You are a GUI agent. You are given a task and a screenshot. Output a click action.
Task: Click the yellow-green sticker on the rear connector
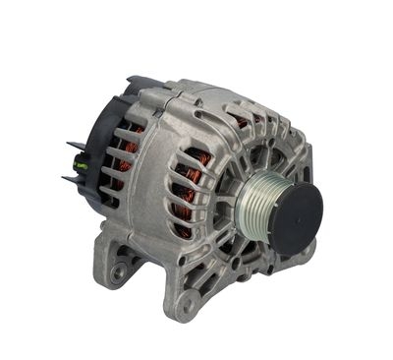click(84, 165)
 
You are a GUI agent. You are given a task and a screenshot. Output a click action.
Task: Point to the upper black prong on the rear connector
click(74, 147)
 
